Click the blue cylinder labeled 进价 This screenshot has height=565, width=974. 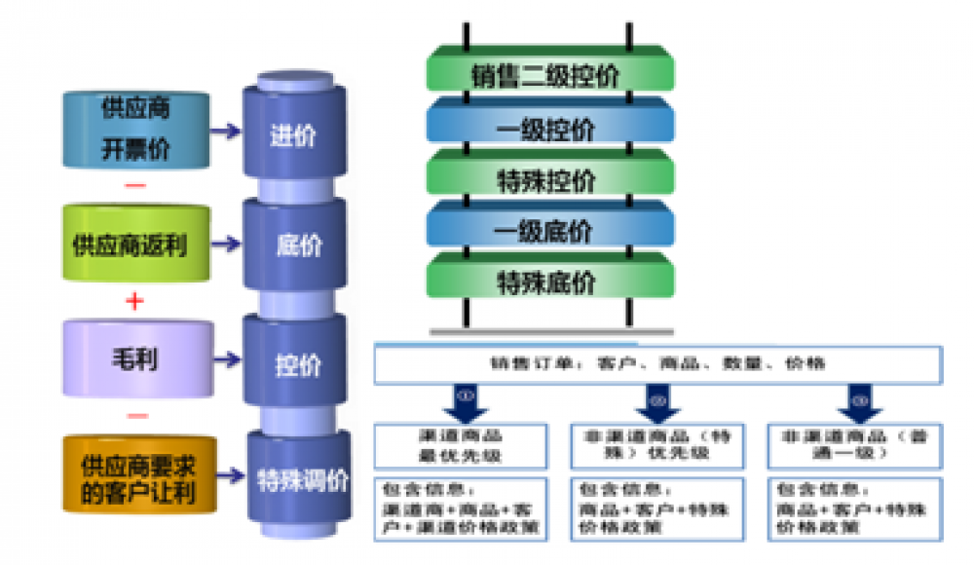[x=293, y=134]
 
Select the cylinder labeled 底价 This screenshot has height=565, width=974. [x=293, y=244]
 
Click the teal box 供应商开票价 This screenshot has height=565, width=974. [x=135, y=129]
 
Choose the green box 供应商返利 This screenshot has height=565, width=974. [x=135, y=244]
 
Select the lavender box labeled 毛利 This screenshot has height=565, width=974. [x=135, y=358]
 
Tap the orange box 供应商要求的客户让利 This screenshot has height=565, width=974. [x=135, y=475]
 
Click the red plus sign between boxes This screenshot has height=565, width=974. [x=135, y=301]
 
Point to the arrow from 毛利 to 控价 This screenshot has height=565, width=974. [x=226, y=359]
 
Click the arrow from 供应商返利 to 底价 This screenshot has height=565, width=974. [x=226, y=244]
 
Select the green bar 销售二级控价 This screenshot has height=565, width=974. [x=550, y=74]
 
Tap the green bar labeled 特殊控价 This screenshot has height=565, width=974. [x=550, y=179]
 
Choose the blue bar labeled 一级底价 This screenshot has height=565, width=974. [x=550, y=230]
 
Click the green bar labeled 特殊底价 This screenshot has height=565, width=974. [x=550, y=282]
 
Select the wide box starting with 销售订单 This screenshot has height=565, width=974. [x=657, y=363]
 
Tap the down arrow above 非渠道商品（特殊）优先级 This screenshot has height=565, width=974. [x=656, y=401]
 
